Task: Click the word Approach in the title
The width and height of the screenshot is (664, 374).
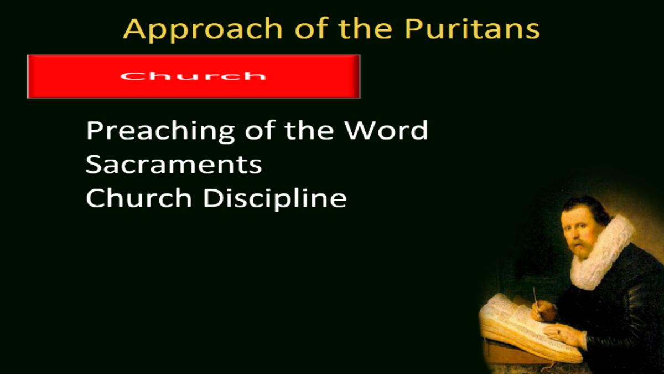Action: tap(203, 29)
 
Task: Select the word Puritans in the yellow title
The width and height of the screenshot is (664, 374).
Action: tap(472, 29)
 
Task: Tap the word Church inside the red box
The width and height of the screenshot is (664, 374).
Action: tap(193, 76)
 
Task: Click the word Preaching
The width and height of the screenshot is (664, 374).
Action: tap(160, 131)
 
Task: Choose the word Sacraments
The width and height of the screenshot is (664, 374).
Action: tap(174, 165)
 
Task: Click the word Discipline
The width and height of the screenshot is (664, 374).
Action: tap(275, 199)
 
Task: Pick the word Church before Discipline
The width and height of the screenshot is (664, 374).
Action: tap(139, 198)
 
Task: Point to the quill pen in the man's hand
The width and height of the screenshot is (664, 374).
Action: tap(537, 302)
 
